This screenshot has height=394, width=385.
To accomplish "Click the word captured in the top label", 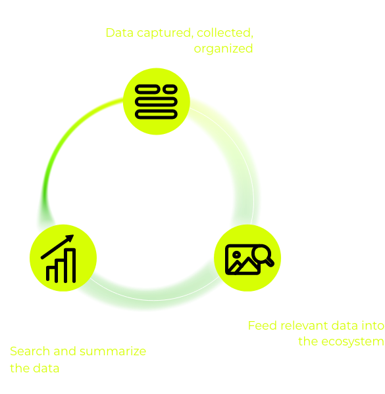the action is [x=165, y=33].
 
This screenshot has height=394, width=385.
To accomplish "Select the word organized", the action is [x=223, y=49].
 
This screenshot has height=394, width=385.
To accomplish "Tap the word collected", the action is [x=225, y=33].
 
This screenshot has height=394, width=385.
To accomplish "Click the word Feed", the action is [x=263, y=326].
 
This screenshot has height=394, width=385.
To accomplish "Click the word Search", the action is [x=30, y=351].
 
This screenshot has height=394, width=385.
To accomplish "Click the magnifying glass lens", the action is [x=262, y=254].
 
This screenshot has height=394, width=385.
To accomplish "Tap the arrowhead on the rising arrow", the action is [x=70, y=238].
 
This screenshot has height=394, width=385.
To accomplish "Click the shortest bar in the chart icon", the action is [x=51, y=274].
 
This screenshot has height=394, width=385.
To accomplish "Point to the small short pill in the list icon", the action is [x=170, y=89].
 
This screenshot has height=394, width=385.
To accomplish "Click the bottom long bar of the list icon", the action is [x=156, y=114].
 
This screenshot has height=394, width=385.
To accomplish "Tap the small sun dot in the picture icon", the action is [x=236, y=255].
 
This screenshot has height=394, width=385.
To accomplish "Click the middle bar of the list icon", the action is [x=156, y=102].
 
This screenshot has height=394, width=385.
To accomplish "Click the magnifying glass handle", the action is [x=270, y=263].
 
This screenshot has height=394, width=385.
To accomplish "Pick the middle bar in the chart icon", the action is [x=61, y=271].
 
